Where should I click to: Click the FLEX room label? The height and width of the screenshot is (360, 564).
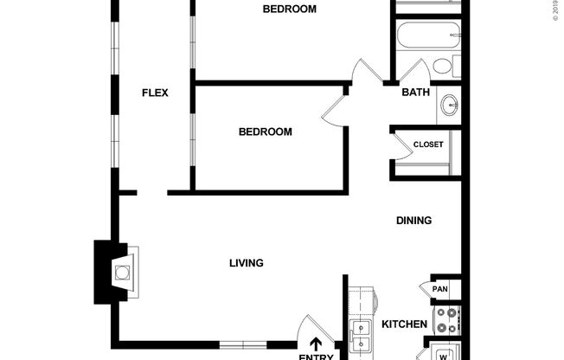155,93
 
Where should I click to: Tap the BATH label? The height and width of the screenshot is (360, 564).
415,93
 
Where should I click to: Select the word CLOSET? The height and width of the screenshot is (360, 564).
427,145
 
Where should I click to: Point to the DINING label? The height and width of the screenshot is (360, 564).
413,221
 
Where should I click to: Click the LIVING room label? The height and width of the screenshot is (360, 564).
246,263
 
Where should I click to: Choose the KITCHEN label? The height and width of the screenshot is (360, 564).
404,325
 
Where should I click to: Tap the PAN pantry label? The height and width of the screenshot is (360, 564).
439,289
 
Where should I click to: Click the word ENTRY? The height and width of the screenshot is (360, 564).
316,356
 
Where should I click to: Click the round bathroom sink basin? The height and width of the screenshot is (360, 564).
450,106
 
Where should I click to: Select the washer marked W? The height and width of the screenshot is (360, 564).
444,354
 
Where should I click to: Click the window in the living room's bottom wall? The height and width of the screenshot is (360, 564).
243,345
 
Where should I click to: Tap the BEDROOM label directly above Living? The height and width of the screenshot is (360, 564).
265,132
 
